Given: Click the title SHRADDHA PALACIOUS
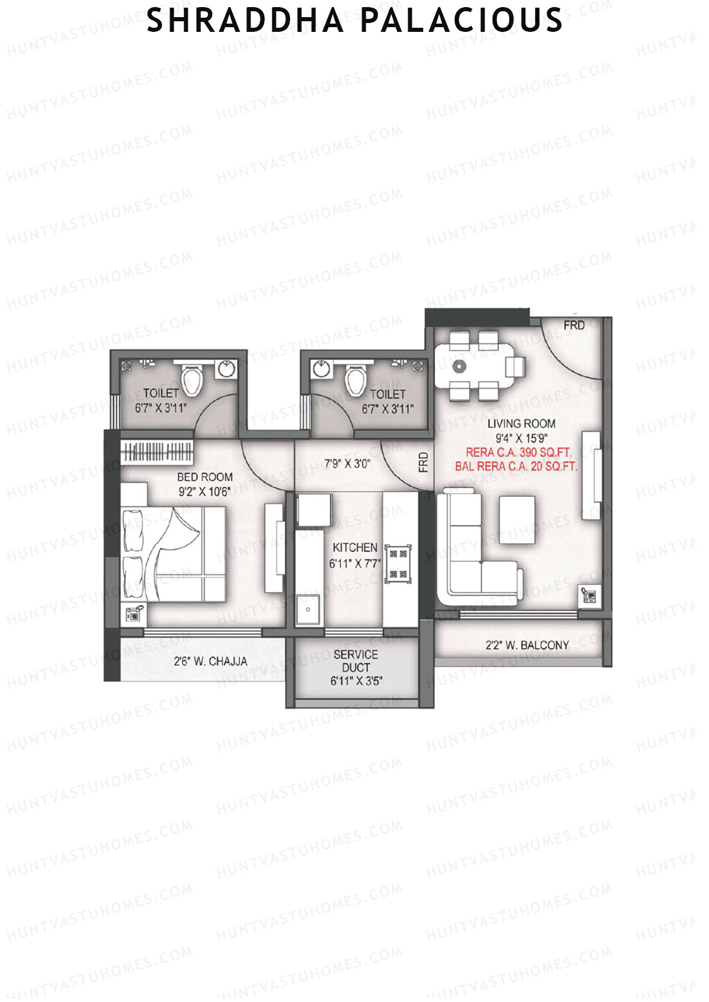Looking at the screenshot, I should tap(354, 21).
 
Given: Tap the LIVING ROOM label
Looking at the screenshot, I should tap(521, 423).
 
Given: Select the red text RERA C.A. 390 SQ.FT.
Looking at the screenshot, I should tap(519, 452).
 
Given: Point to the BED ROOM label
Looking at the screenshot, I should tap(204, 476).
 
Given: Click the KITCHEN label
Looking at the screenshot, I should tap(354, 547).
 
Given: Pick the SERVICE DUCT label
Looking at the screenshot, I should tap(356, 661).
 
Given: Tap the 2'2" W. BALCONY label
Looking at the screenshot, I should tap(527, 645).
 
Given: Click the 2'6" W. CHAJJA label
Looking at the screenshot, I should tap(210, 661).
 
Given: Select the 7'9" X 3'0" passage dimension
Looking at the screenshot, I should tap(347, 464).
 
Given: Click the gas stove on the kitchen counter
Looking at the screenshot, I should tap(398, 563).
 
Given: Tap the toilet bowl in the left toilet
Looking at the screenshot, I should tap(191, 380).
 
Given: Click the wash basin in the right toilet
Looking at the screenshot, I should tap(321, 368).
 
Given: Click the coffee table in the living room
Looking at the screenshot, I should tap(518, 519).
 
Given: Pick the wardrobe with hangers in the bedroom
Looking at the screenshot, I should tap(157, 453).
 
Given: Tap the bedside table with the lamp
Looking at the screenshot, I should tap(134, 614).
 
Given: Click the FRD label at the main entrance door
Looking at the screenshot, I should tap(574, 325).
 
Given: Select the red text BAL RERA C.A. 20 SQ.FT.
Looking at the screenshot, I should tap(516, 466).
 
